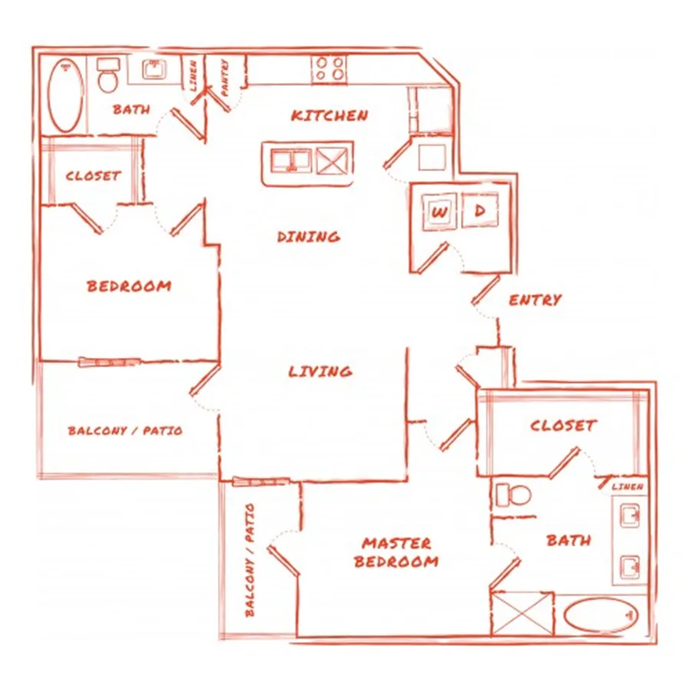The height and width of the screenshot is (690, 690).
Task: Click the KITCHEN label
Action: click(330, 116)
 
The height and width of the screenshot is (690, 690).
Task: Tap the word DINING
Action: click(308, 237)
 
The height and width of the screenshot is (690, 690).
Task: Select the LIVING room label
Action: click(320, 371)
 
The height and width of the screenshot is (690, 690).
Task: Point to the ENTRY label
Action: click(535, 300)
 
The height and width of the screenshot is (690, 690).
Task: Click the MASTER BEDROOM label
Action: click(396, 553)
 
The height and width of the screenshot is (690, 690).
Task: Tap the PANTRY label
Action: click(225, 78)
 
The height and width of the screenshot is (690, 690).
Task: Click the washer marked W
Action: click(439, 212)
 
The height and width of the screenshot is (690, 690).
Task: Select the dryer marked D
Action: click(480, 211)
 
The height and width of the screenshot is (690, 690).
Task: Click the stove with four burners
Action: click(329, 69)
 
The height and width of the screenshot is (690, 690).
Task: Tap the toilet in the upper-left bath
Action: click(108, 75)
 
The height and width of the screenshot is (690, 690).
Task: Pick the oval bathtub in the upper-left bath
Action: click(66, 95)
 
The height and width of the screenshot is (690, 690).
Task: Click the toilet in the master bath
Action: click(513, 495)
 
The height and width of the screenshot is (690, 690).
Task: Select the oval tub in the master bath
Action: click(600, 614)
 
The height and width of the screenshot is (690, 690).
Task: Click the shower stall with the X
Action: click(522, 613)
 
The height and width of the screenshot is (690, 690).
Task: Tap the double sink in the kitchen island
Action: click(291, 160)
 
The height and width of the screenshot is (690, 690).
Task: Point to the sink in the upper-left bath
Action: click(153, 69)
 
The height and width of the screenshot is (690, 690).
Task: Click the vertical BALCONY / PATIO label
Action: click(249, 560)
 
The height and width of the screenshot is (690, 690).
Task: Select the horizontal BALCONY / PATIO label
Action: click(126, 430)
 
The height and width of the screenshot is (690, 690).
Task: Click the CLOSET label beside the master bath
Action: click(563, 426)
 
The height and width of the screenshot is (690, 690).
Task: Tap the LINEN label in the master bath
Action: click(627, 487)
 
